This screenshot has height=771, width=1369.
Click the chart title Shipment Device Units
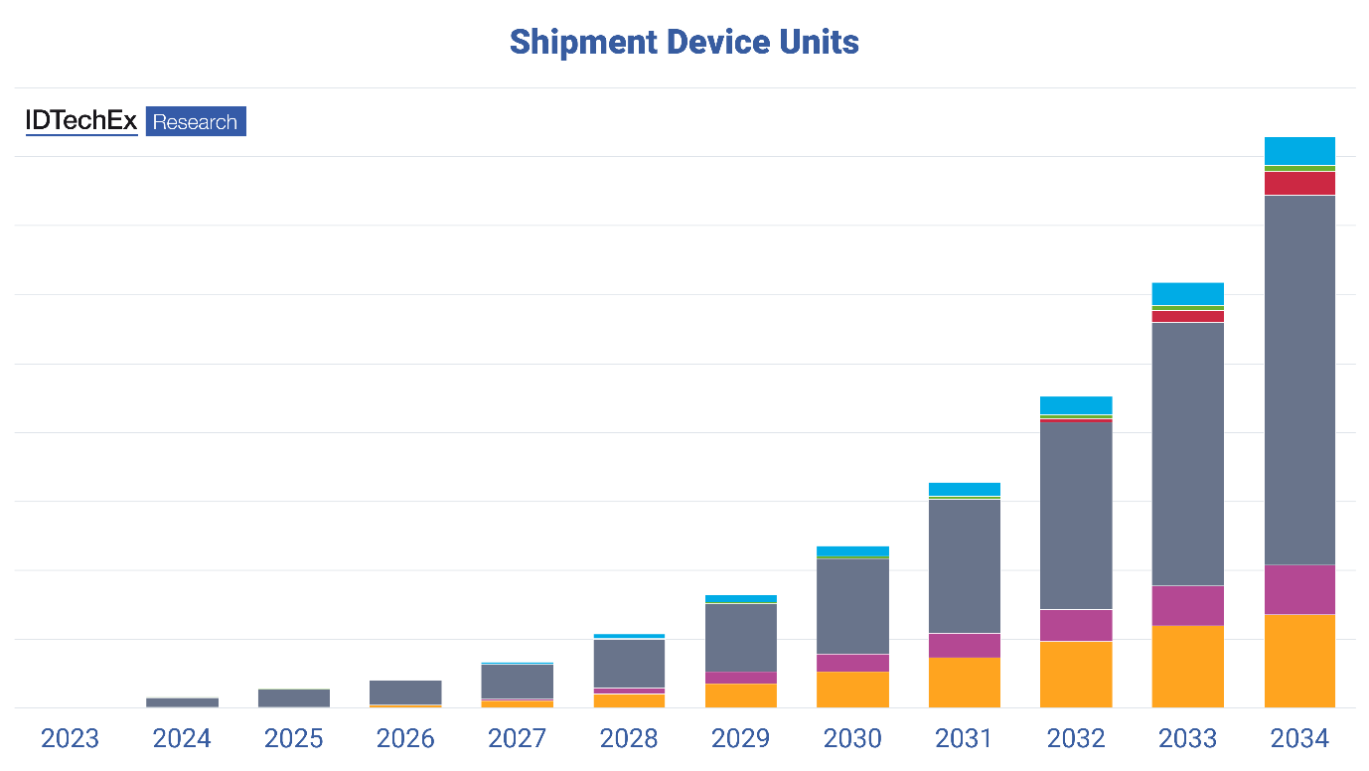684,42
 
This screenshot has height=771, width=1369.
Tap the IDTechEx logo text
81,121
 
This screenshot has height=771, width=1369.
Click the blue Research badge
196,121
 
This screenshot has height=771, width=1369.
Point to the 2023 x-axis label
70,738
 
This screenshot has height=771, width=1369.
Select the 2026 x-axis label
405,738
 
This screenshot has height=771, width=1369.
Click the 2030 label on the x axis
852,738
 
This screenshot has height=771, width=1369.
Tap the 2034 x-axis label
1299,738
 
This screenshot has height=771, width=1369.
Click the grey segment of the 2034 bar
1299,380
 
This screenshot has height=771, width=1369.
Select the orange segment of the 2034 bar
1299,661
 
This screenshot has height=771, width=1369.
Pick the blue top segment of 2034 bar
1299,151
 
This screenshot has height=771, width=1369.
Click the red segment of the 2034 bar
1299,184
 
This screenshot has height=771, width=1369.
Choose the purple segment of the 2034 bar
1299,589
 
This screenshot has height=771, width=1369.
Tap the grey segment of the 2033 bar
1187,454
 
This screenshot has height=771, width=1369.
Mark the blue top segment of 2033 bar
1187,293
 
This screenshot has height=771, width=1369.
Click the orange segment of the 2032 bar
1076,674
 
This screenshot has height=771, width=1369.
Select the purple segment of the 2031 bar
964,645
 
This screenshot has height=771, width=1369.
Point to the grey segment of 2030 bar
852,606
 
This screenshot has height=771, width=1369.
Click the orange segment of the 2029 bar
740,695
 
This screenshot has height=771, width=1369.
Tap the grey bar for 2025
293,697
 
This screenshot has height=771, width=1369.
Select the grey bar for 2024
182,701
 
